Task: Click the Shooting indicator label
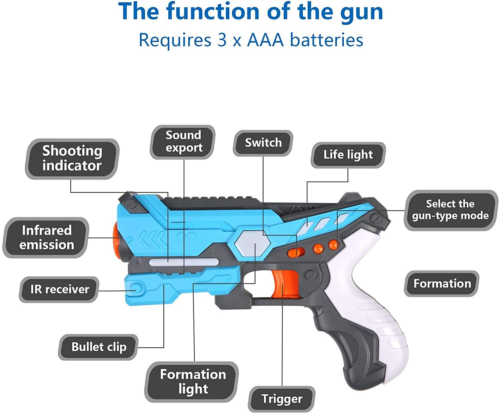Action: [x=72, y=158]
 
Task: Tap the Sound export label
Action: [x=183, y=141]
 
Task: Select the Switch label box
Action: [x=263, y=143]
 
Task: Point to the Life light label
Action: [x=348, y=155]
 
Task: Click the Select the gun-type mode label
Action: [x=450, y=210]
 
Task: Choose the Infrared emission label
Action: [x=46, y=237]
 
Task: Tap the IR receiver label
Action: [x=59, y=289]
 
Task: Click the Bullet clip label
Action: [x=99, y=347]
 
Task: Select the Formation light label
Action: [x=193, y=382]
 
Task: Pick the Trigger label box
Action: [x=281, y=399]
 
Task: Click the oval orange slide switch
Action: [x=296, y=253]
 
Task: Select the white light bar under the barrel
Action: [x=184, y=262]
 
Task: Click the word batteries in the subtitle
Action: [x=326, y=40]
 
